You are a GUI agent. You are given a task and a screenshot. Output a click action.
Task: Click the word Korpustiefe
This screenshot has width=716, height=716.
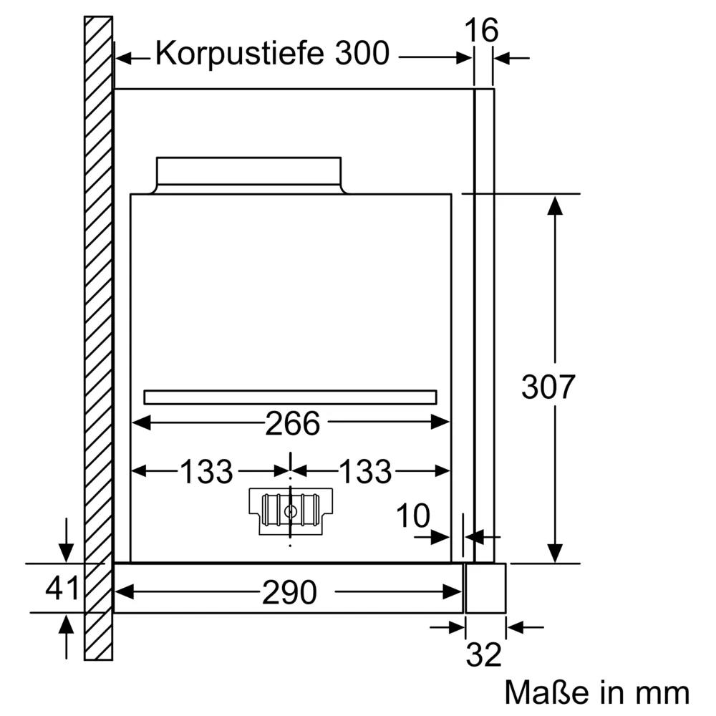(241, 54)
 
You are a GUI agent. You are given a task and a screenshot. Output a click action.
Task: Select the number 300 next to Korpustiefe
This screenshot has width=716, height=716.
(361, 54)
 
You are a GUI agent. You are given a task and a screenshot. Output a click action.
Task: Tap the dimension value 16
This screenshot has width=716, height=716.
(481, 31)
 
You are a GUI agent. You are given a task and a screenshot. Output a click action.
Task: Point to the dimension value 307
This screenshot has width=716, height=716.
(548, 387)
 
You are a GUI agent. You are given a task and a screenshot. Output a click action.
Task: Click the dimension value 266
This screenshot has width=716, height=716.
(292, 424)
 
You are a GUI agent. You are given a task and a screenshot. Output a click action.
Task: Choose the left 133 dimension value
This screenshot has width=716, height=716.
(206, 472)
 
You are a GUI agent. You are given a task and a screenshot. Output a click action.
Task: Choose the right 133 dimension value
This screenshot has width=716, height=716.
(364, 472)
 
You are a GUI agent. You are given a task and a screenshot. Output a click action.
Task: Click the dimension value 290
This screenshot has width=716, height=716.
(289, 592)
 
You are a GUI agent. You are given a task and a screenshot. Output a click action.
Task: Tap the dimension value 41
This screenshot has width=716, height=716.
(62, 589)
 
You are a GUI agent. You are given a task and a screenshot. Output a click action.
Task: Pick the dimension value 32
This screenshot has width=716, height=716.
(484, 654)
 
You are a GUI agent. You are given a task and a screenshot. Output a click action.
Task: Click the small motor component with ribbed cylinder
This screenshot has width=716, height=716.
(289, 511)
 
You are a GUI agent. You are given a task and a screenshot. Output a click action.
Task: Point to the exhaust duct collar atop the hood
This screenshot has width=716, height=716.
(248, 174)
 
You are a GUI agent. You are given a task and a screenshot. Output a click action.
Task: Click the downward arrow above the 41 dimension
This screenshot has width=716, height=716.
(66, 552)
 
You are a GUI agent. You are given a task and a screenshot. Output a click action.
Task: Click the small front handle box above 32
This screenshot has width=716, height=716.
(485, 587)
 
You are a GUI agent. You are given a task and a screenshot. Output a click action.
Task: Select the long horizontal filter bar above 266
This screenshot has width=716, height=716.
(290, 397)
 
